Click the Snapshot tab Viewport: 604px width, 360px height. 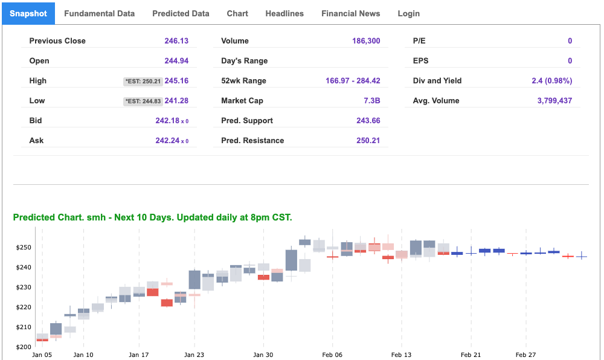pyautogui.click(x=28, y=13)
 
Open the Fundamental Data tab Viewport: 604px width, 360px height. pyautogui.click(x=99, y=13)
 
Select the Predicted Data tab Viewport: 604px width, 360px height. pyautogui.click(x=181, y=13)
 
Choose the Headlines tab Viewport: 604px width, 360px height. pyautogui.click(x=284, y=13)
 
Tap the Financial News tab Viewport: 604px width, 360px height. pyautogui.click(x=350, y=13)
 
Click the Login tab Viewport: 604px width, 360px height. pyautogui.click(x=408, y=13)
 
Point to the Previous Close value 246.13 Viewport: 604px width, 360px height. pyautogui.click(x=176, y=41)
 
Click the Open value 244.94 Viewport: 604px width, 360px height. pyautogui.click(x=176, y=61)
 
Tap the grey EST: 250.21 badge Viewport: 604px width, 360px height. pyautogui.click(x=143, y=81)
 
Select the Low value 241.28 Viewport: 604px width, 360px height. pyautogui.click(x=176, y=101)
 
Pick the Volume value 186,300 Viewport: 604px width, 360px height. pyautogui.click(x=366, y=41)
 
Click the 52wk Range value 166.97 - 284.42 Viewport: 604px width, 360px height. pyautogui.click(x=353, y=81)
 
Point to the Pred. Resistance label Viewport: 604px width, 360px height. pyautogui.click(x=252, y=141)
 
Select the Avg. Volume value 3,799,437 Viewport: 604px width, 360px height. pyautogui.click(x=554, y=101)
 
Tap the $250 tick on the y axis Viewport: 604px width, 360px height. pyautogui.click(x=23, y=248)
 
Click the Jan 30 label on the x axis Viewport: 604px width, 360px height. pyautogui.click(x=263, y=355)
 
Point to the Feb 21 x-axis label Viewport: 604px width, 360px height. pyautogui.click(x=471, y=355)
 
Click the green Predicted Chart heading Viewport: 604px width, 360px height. pyautogui.click(x=152, y=217)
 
